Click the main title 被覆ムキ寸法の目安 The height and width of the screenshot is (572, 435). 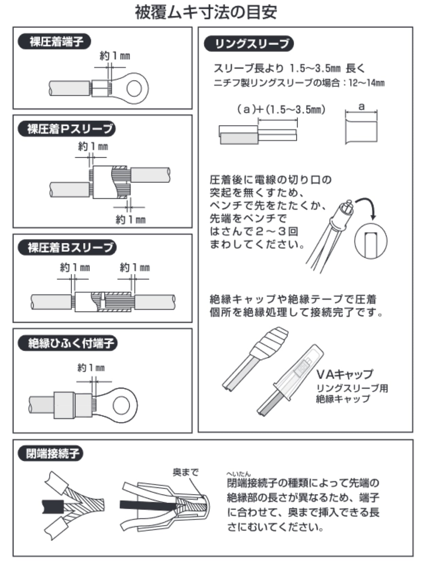206,13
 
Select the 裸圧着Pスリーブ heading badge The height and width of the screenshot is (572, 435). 67,129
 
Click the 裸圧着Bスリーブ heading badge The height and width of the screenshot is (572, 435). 67,247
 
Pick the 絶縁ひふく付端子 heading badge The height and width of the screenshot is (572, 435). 67,343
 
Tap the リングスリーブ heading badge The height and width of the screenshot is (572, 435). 249,44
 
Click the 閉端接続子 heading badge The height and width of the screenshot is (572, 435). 50,454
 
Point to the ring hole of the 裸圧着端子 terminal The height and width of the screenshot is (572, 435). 134,88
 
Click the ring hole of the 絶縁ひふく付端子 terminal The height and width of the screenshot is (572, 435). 122,405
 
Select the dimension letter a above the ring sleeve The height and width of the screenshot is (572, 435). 361,107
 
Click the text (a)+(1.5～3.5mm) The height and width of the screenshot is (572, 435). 281,110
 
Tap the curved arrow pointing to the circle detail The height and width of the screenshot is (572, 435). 369,206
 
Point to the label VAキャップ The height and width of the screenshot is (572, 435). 344,374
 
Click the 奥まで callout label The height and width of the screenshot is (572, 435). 185,472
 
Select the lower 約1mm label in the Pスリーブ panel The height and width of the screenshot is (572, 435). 130,219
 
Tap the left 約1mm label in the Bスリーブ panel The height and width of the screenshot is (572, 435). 75,268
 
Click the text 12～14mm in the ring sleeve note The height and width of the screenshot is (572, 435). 366,83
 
